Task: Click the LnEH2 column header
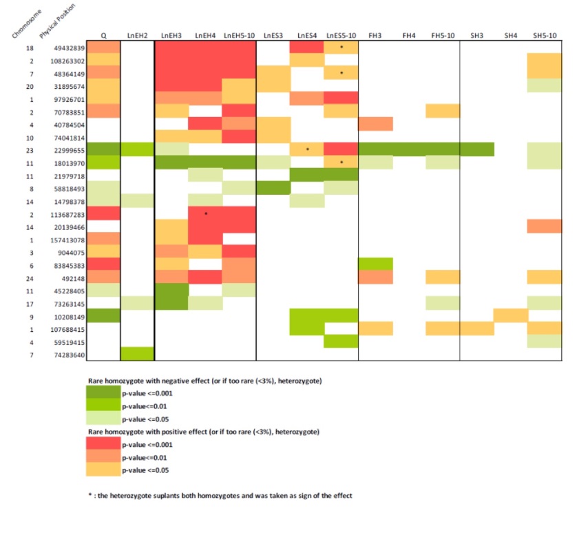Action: click(137, 34)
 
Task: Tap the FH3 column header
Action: click(375, 34)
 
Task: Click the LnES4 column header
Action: click(306, 34)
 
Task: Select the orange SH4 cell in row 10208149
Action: click(511, 316)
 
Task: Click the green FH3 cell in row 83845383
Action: click(375, 264)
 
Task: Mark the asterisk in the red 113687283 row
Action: click(206, 213)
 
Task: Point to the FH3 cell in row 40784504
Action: click(375, 124)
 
